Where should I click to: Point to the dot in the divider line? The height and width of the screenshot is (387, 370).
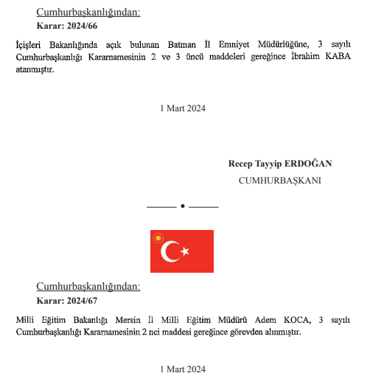pos(182,205)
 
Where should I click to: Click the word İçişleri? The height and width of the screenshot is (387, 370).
pos(29,46)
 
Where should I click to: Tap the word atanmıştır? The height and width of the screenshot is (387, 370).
pos(35,71)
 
